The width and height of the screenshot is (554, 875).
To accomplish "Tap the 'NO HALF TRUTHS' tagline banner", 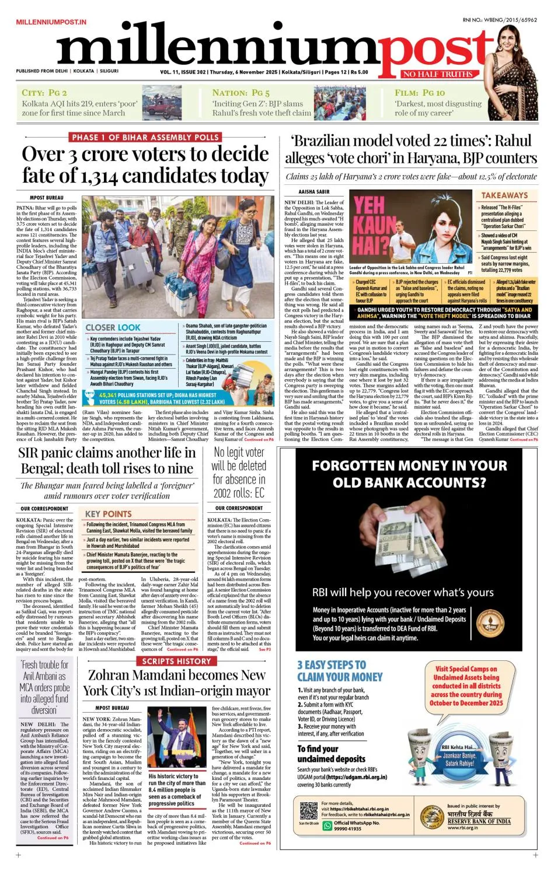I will pos(437,74).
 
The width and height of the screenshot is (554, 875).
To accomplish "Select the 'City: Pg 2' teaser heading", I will pos(44,93).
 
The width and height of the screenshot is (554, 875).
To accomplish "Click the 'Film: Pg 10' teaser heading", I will pos(419,93).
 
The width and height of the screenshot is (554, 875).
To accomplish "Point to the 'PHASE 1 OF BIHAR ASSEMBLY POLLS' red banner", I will pos(145,137).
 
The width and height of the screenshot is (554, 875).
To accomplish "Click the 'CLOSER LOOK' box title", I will pos(113,328).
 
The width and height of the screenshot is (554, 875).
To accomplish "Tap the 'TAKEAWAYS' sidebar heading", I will pos(504,195).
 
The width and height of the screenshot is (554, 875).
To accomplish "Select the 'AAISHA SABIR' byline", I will pos(314,192).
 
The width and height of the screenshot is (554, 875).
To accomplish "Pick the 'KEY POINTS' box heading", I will pos(108,514).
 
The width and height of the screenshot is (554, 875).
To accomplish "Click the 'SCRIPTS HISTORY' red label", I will pos(176,661).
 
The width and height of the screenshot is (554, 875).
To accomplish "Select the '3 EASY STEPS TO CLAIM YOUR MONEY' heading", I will pos(339,671).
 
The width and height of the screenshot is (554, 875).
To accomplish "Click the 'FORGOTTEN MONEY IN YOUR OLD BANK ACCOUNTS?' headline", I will pos(409,474).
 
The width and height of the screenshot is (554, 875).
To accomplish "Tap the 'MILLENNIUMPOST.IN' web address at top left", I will pos(51,22).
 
